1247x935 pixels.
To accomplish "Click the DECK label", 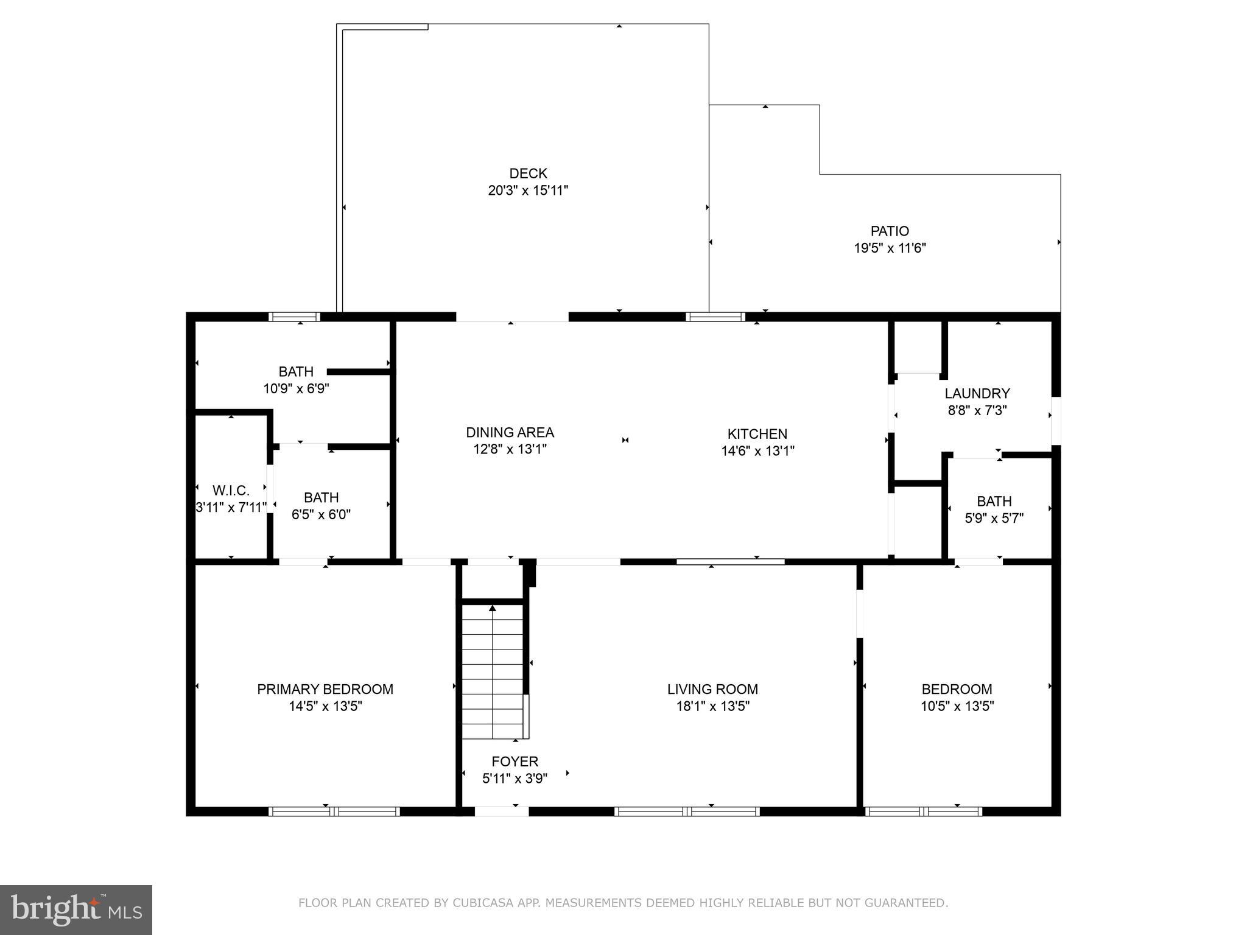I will pyautogui.click(x=528, y=173).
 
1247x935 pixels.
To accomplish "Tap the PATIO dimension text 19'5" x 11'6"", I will pyautogui.click(x=890, y=248).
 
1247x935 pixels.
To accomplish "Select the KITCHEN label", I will pyautogui.click(x=757, y=434).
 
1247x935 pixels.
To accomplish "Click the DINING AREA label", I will pyautogui.click(x=510, y=432).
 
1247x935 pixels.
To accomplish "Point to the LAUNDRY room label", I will pyautogui.click(x=977, y=393).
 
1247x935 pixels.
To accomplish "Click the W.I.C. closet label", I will pyautogui.click(x=231, y=491).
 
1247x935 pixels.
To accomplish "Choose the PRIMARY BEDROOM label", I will pyautogui.click(x=325, y=689).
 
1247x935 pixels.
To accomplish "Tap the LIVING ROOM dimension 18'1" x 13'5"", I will pyautogui.click(x=712, y=706).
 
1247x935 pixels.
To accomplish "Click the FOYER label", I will pyautogui.click(x=515, y=762).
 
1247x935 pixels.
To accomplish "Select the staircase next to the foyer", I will pyautogui.click(x=492, y=670).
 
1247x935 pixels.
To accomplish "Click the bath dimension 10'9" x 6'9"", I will pyautogui.click(x=296, y=388).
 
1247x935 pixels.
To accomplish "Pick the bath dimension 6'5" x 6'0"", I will pyautogui.click(x=321, y=514).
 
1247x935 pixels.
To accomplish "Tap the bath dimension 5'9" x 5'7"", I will pyautogui.click(x=994, y=519).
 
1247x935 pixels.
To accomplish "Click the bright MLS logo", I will pyautogui.click(x=76, y=909).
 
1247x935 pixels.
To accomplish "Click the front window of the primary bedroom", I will pyautogui.click(x=334, y=811).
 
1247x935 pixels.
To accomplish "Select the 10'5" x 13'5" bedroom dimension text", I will pyautogui.click(x=957, y=706).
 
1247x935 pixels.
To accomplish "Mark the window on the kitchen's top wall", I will pyautogui.click(x=715, y=317).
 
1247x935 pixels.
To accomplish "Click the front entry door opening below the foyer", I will pyautogui.click(x=501, y=811).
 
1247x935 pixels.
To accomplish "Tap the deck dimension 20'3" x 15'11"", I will pyautogui.click(x=528, y=191).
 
